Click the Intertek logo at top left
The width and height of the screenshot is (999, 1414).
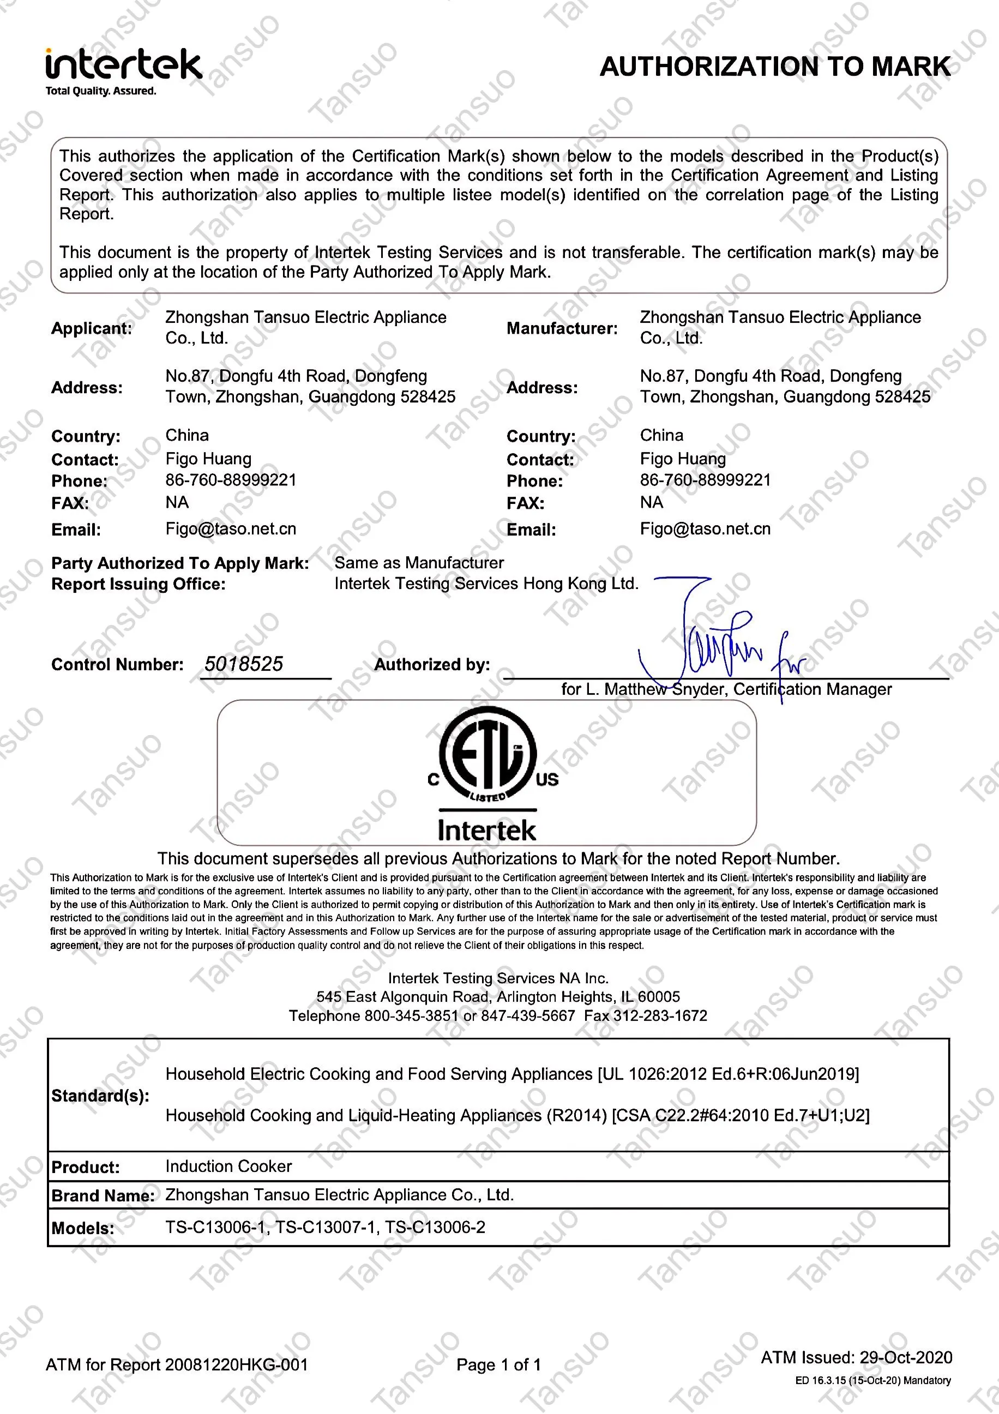(123, 65)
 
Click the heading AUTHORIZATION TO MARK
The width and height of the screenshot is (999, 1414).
(775, 67)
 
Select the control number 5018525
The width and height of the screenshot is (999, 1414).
(244, 664)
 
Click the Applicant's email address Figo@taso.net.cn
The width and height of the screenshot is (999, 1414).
(231, 529)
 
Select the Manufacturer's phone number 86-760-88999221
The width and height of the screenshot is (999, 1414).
(705, 480)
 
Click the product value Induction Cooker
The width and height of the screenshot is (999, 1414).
(228, 1166)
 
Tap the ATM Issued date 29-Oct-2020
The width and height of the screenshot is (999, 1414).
(905, 1357)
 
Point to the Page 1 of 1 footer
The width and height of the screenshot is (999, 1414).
(498, 1365)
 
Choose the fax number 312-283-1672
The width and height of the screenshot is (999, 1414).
(660, 1015)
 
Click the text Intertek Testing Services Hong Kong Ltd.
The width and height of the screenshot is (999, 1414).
(486, 584)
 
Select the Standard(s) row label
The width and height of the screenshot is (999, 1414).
(100, 1096)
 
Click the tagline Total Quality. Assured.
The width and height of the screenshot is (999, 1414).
(101, 91)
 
